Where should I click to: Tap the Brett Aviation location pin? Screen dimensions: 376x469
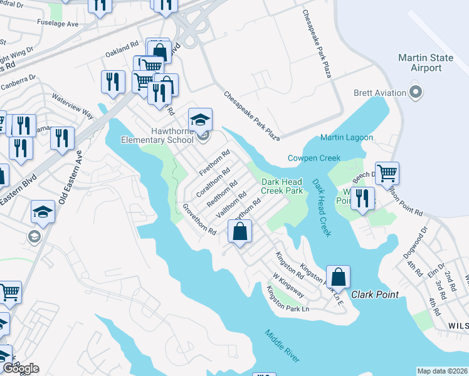click(414, 93)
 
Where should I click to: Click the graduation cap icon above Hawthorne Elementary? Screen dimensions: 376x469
click(201, 119)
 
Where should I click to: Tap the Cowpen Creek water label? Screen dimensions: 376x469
click(314, 158)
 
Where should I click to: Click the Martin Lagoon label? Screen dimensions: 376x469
click(346, 137)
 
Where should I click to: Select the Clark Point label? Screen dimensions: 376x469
click(374, 295)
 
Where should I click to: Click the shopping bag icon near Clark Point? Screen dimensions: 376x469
click(338, 276)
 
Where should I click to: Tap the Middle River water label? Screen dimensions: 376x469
click(282, 346)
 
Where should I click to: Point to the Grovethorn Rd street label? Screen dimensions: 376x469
click(199, 219)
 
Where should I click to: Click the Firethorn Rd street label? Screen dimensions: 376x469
click(214, 162)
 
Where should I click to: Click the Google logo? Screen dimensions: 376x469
click(21, 368)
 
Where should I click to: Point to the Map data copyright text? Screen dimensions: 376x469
click(442, 371)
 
